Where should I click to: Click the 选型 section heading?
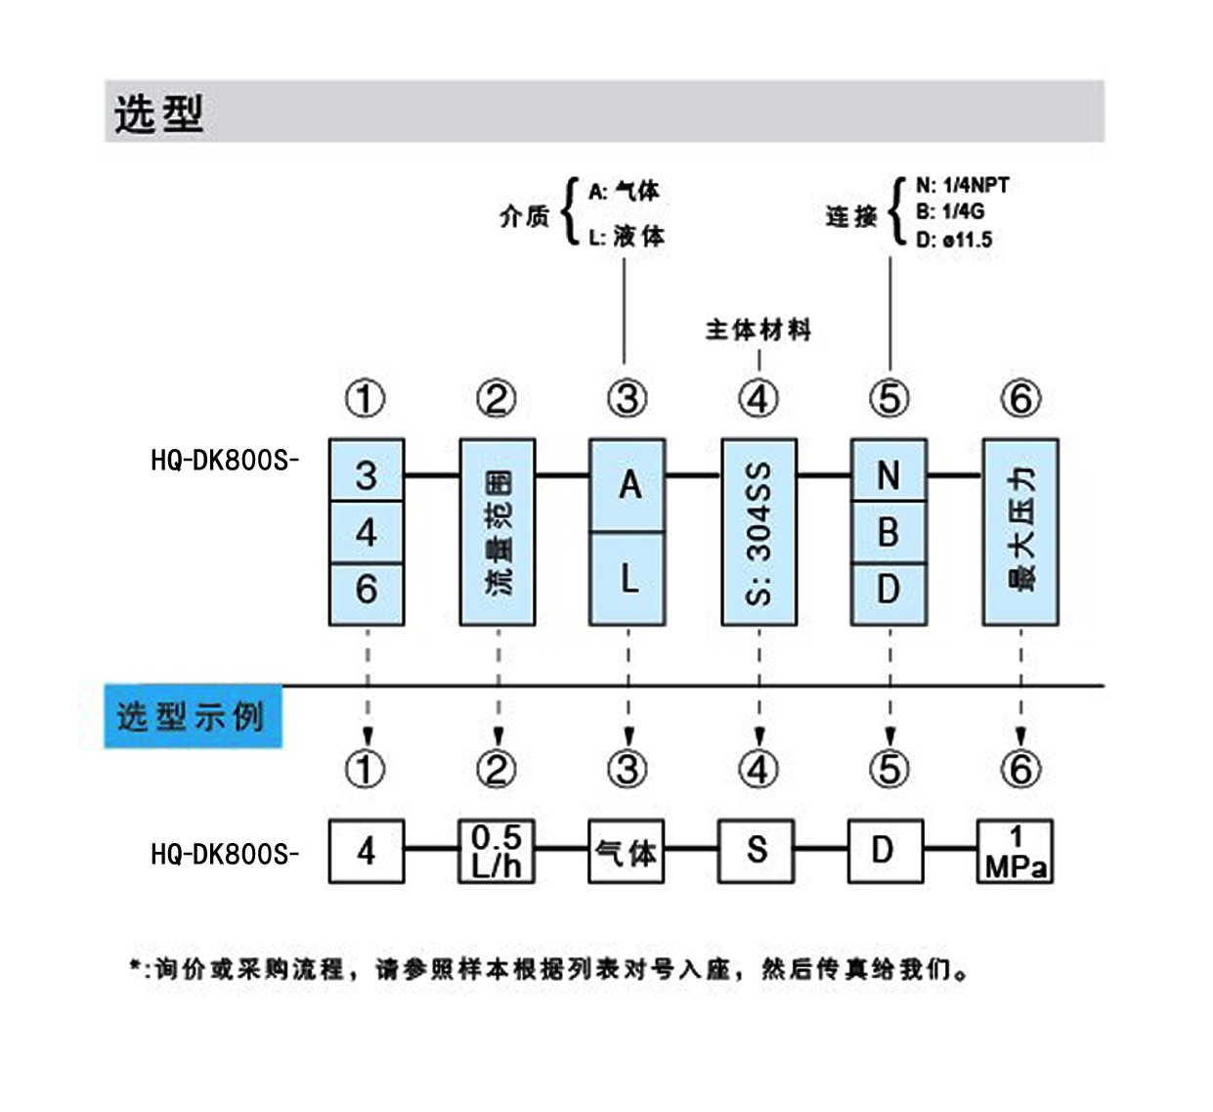158,113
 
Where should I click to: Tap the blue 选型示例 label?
192,717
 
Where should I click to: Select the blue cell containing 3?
367,474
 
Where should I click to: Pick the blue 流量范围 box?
498,532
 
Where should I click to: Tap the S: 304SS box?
758,532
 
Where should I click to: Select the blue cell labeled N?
888,474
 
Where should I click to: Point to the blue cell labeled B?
888,532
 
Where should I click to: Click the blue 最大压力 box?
1020,532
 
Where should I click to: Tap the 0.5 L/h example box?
497,851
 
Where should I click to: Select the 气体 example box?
627,852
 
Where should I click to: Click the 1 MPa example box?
1016,852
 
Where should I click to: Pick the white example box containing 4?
367,852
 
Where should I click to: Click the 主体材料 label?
758,330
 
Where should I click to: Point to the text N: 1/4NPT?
962,185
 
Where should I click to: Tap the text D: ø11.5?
954,240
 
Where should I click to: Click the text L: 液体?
627,236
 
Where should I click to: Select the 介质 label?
525,216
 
